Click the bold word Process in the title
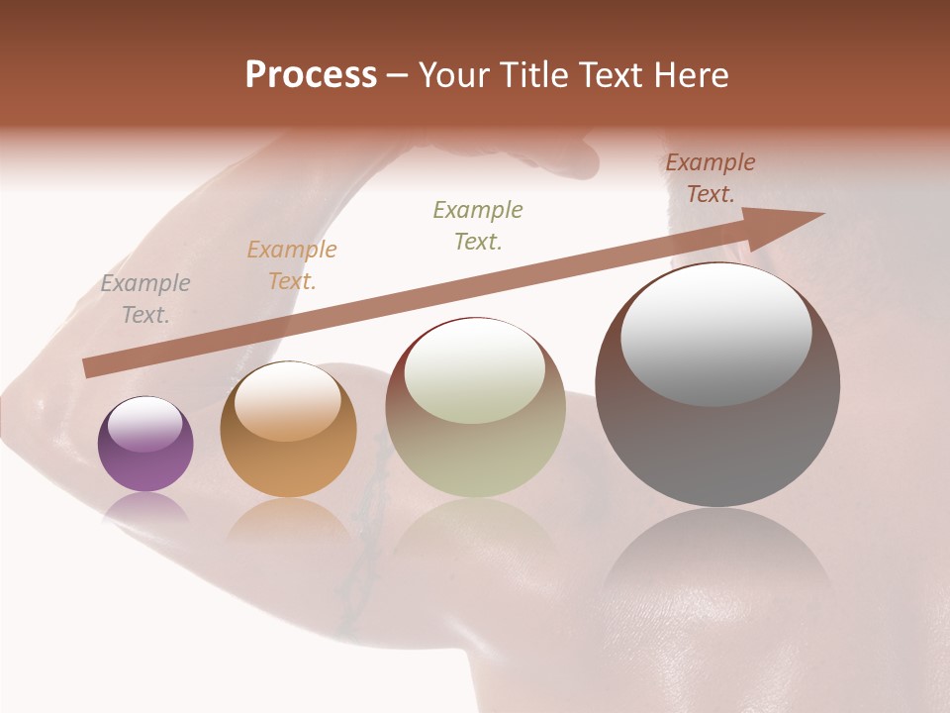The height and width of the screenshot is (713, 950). click(x=311, y=75)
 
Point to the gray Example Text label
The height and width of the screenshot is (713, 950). click(x=145, y=299)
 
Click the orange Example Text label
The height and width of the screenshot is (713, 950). click(x=292, y=265)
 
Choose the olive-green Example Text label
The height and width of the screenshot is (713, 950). click(x=478, y=225)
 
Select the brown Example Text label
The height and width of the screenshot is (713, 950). click(x=711, y=178)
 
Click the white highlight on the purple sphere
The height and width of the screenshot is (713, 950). click(x=145, y=424)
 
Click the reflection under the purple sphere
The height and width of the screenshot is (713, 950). click(x=145, y=507)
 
